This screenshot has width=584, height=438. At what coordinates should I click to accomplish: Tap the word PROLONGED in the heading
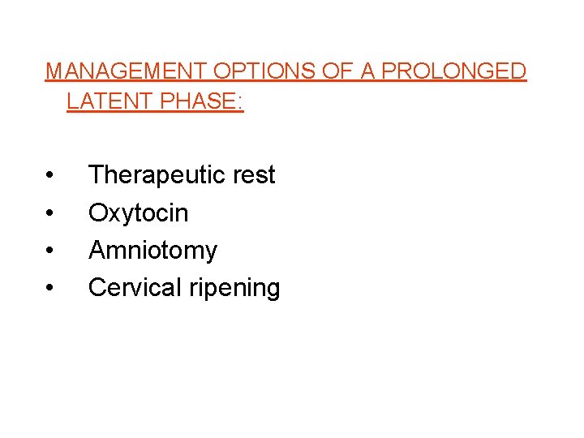pyautogui.click(x=455, y=71)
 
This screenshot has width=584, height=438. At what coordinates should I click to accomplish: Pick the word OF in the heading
pyautogui.click(x=338, y=71)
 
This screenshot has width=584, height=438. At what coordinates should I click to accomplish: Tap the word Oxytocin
pyautogui.click(x=138, y=213)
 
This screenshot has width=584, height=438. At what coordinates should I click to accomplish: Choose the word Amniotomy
pyautogui.click(x=152, y=251)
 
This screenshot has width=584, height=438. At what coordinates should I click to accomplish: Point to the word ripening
pyautogui.click(x=238, y=289)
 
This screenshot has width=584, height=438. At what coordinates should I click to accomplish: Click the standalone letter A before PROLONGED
pyautogui.click(x=367, y=71)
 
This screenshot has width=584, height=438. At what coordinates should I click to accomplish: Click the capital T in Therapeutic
pyautogui.click(x=96, y=175)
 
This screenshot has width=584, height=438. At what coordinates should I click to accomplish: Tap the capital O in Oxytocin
pyautogui.click(x=98, y=213)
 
